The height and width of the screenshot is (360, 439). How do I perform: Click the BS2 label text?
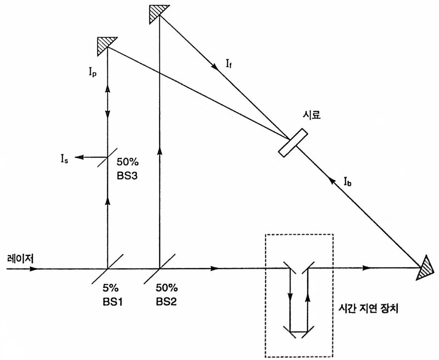166,299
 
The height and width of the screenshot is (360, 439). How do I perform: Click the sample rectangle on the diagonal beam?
293,143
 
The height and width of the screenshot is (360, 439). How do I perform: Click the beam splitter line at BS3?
107,157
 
